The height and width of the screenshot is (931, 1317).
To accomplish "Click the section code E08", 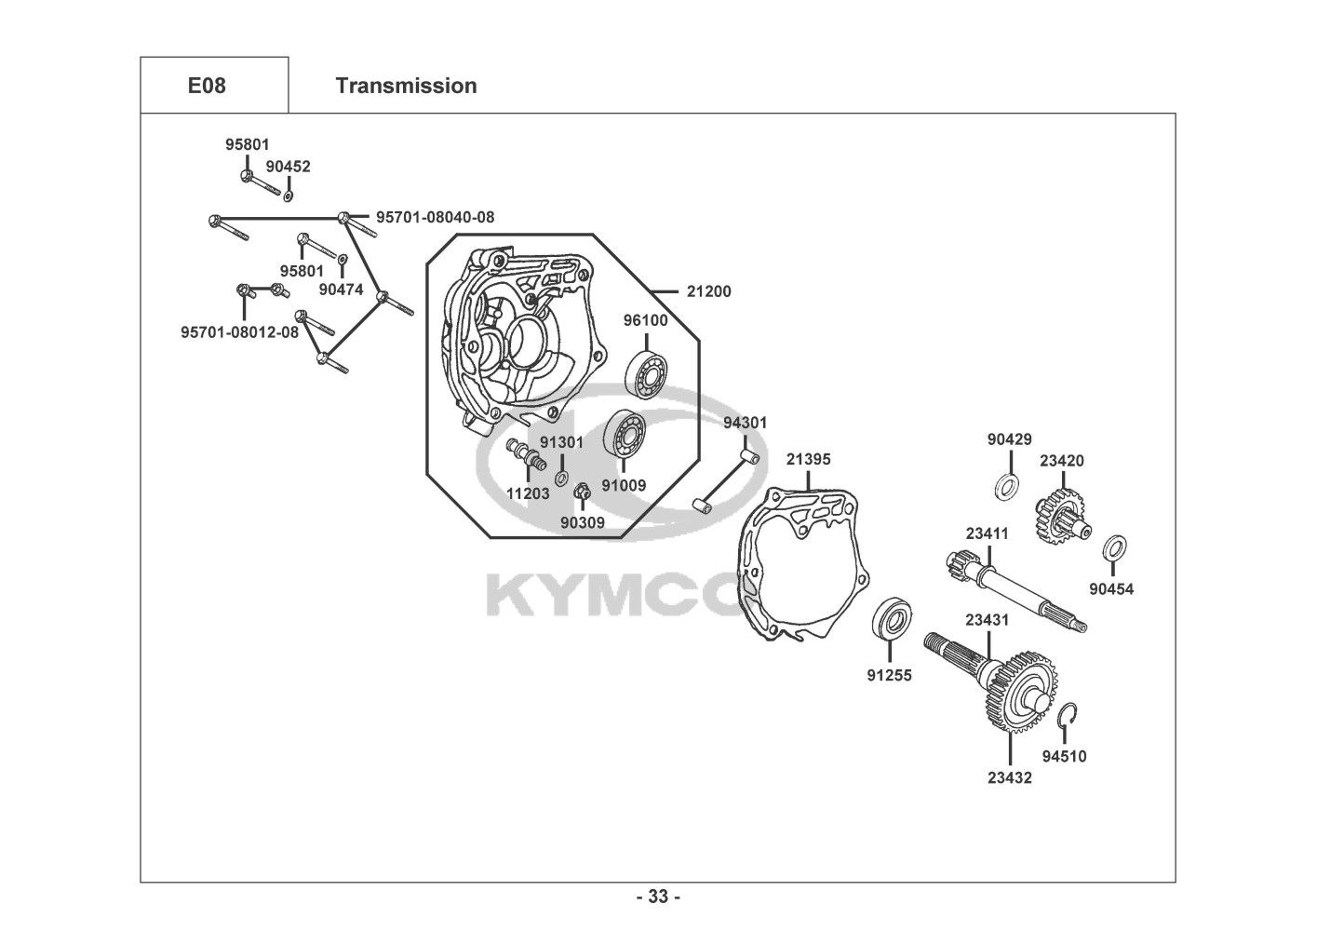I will (x=207, y=86).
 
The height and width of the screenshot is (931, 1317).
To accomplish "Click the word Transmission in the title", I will (x=406, y=86).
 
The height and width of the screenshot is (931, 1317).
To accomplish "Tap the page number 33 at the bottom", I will (x=658, y=897).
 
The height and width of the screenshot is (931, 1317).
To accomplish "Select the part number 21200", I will (x=708, y=291).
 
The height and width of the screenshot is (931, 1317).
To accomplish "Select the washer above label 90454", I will (x=1113, y=549).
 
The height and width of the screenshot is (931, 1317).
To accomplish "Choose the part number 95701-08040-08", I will (x=435, y=217).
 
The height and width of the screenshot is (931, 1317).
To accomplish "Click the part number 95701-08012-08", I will (x=240, y=331).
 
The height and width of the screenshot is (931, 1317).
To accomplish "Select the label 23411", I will (x=987, y=534).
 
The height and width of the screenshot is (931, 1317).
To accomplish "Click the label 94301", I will (x=746, y=423).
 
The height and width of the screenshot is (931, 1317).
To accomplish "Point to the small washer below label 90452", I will (x=288, y=196).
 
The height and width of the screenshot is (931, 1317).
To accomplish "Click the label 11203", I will (x=528, y=493).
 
